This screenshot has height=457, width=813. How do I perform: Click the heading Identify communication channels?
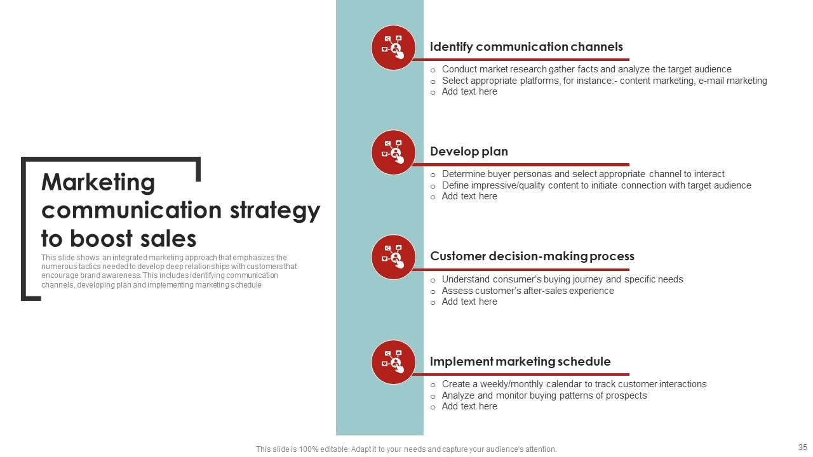tap(526, 47)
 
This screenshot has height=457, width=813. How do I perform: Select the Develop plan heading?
tap(469, 152)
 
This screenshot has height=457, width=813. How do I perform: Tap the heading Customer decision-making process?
tap(532, 256)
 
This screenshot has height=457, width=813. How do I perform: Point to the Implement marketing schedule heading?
tap(520, 362)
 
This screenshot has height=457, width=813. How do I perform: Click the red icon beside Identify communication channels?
tap(393, 48)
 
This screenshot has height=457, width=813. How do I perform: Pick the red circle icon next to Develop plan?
tap(393, 152)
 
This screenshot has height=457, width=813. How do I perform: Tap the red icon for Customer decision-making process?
tap(393, 257)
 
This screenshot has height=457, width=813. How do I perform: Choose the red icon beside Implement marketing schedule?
tap(393, 362)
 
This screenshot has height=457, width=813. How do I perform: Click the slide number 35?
tap(802, 447)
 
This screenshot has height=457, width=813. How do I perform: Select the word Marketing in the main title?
tap(98, 183)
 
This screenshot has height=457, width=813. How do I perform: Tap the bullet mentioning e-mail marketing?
tap(604, 81)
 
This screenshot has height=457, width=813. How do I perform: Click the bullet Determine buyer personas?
tap(583, 174)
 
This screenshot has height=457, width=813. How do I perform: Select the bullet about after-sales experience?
tap(528, 291)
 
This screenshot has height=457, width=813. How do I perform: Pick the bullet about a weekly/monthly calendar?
tap(574, 384)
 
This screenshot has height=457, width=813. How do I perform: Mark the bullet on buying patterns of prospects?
tap(544, 395)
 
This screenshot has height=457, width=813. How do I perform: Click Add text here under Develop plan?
tap(469, 197)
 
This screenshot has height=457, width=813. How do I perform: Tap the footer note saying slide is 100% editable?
tap(406, 449)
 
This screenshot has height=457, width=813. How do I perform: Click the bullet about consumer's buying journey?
tap(562, 279)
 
